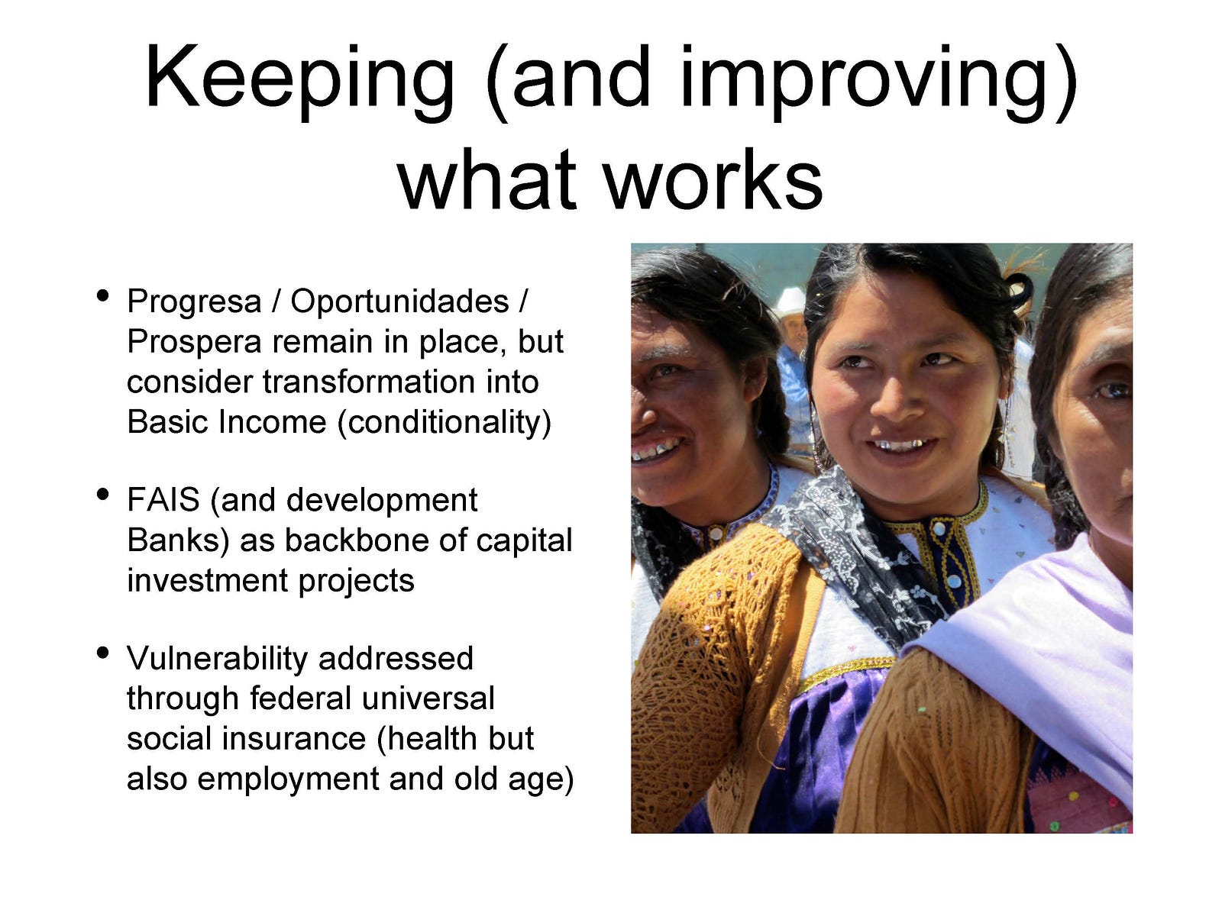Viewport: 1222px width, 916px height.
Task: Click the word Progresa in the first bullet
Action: [194, 303]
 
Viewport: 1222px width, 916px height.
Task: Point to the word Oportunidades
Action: [399, 302]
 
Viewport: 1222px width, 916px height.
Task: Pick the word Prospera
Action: [194, 343]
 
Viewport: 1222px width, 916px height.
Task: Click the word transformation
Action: [369, 382]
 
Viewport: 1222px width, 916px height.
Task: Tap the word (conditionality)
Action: [445, 423]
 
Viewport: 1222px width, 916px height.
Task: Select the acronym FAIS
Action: [163, 499]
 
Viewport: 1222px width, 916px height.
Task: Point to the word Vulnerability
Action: [217, 660]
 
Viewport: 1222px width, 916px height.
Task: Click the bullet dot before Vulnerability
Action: [102, 653]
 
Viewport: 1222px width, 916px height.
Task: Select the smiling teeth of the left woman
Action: [656, 450]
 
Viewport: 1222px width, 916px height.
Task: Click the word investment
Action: [208, 581]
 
